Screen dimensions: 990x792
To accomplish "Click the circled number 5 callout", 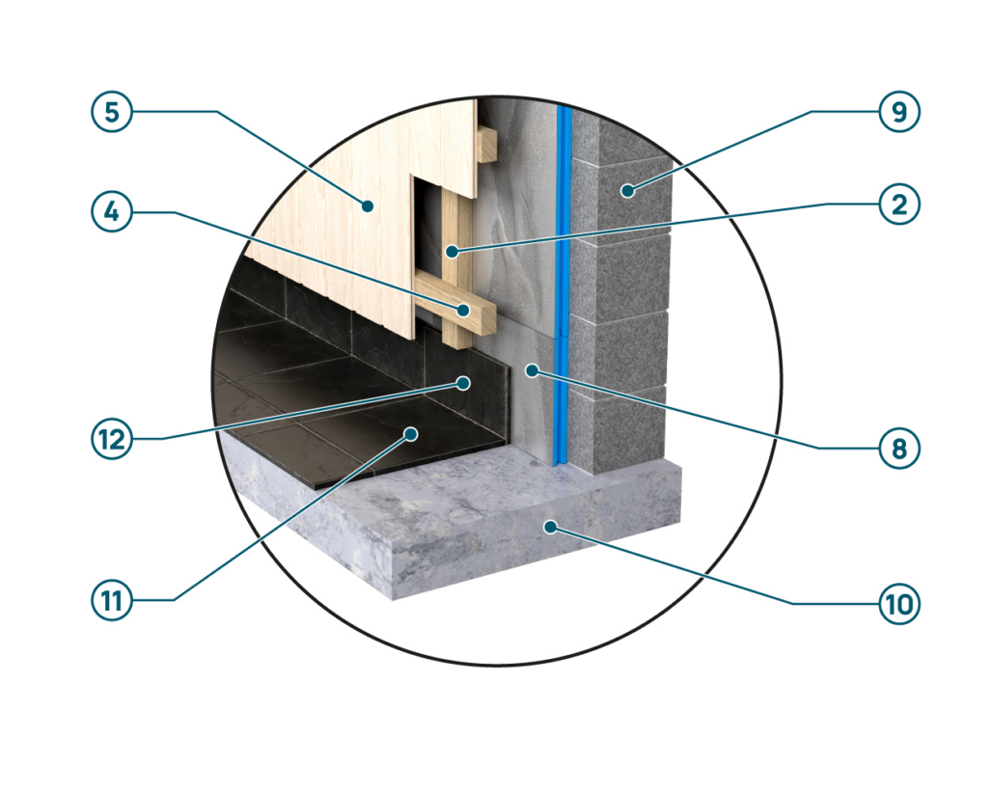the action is coord(112,112).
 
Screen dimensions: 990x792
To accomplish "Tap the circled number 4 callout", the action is coord(112,212).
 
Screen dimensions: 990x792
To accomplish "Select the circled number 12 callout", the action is coord(112,439).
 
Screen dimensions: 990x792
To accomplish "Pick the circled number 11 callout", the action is coord(112,600).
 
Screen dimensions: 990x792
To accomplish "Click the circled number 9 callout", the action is coord(899,112).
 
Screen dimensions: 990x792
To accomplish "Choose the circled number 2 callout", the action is coord(899,205).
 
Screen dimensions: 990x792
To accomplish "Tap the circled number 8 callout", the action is coord(899,448).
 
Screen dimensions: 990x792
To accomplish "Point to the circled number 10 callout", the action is coord(899,604).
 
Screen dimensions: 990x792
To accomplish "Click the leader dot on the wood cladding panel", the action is coord(367,205).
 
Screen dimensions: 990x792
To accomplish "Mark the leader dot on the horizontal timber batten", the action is coord(464,310).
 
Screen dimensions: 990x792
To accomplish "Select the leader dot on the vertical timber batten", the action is coord(452,252).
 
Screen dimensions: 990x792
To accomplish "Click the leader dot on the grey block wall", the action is coord(627,189).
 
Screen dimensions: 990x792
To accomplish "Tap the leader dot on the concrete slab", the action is coord(551,527).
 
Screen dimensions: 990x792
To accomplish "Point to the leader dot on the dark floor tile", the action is coord(411,433).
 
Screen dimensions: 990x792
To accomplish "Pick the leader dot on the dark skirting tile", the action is coord(463,383).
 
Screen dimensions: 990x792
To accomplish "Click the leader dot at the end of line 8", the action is coord(533,370).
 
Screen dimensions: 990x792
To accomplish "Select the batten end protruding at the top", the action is coord(486,145).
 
